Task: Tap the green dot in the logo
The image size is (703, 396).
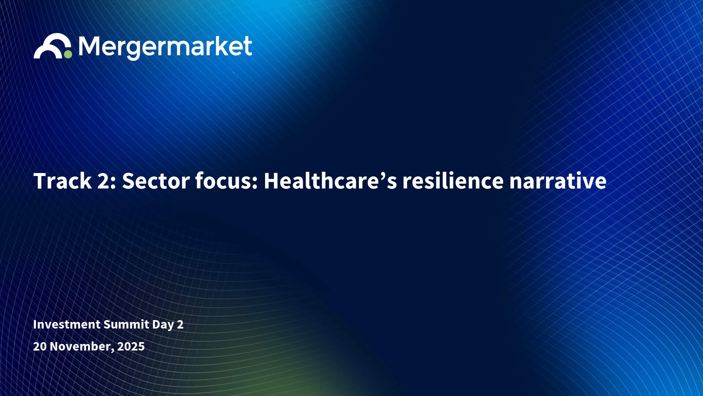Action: tap(68, 54)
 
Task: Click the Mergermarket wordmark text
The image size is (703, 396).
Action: tap(165, 47)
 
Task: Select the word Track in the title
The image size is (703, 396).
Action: tap(62, 181)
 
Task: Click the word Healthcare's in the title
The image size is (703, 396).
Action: tap(330, 181)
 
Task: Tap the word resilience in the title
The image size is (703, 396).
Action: tap(453, 181)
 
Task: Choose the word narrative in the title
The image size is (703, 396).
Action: tap(558, 181)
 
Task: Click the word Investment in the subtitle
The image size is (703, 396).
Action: tap(67, 324)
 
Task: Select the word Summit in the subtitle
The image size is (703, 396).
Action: tap(126, 324)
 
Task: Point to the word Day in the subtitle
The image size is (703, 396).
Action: tap(163, 325)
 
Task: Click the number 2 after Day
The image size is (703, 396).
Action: tap(180, 324)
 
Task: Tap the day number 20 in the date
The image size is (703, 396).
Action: tap(40, 346)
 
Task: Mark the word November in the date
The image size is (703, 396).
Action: tap(80, 346)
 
